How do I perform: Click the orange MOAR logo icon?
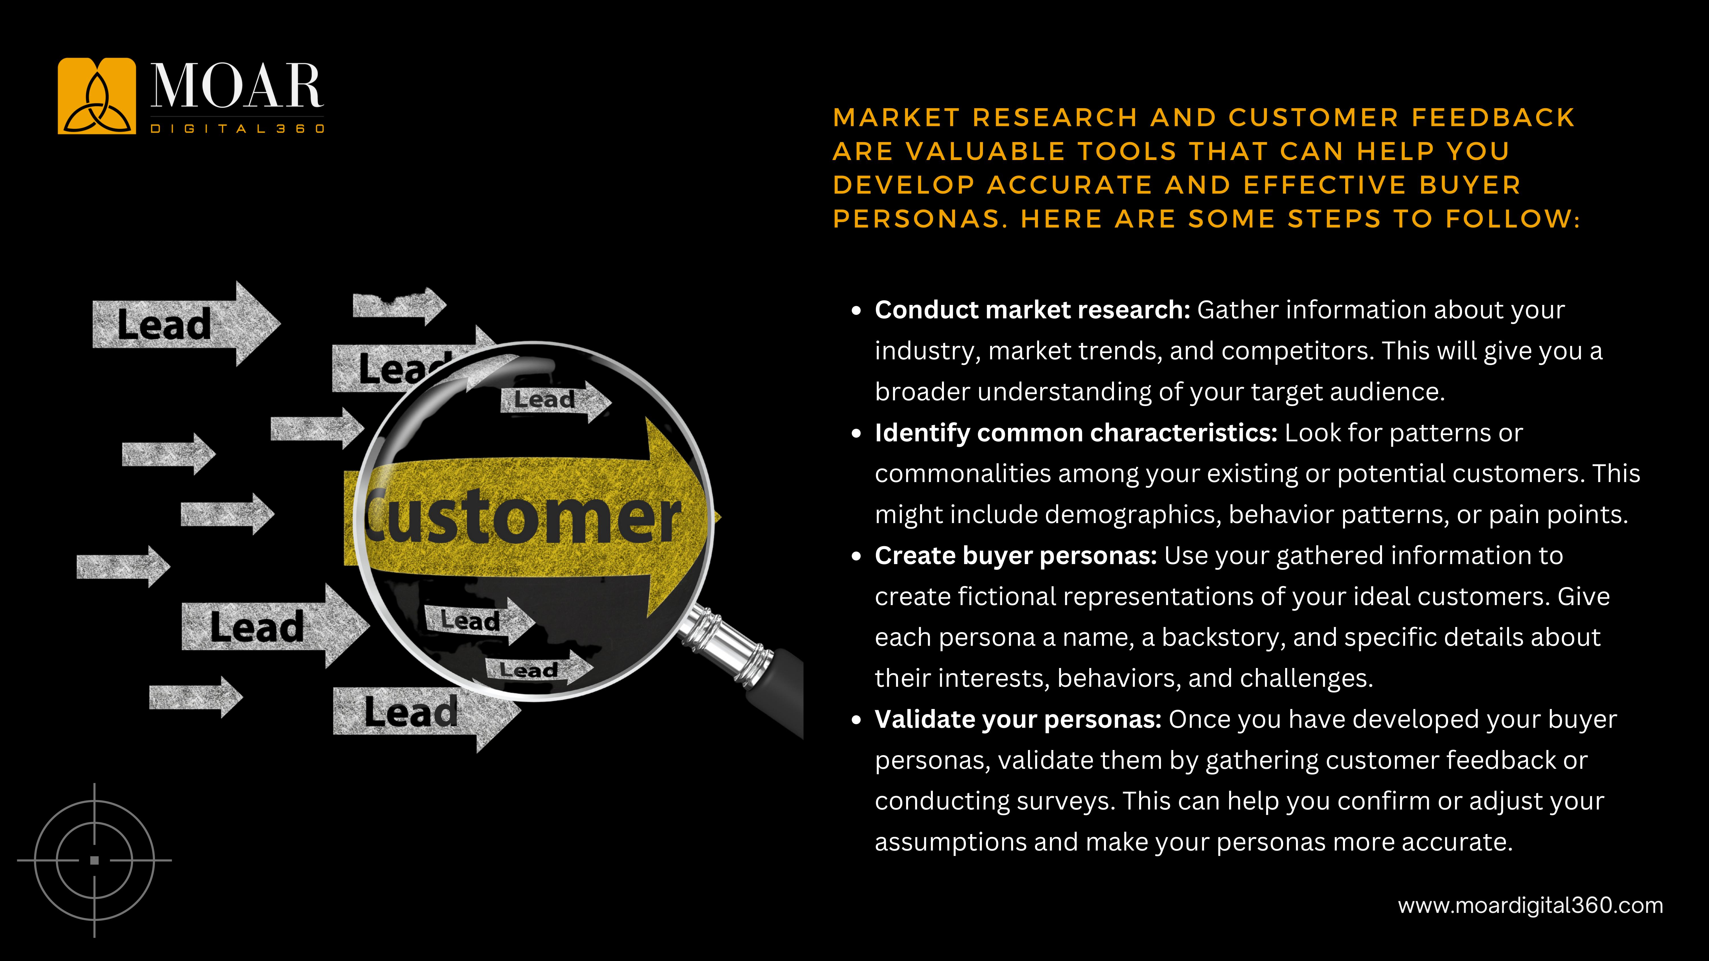96,96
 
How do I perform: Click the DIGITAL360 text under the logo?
237,129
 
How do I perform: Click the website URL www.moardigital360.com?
1530,905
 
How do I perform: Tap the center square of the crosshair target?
94,860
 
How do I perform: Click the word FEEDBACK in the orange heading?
1493,117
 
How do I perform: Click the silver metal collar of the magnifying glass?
723,643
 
